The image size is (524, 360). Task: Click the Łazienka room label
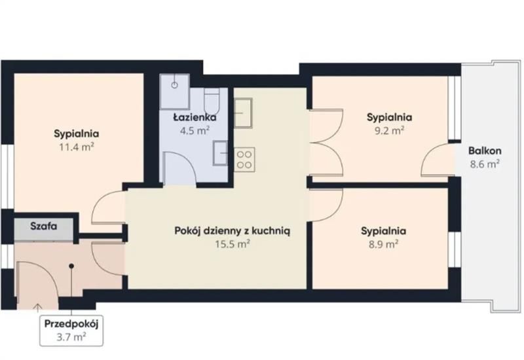(195, 117)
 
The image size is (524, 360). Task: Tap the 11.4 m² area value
(77, 147)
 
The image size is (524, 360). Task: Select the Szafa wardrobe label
(44, 226)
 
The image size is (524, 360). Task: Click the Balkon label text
(485, 151)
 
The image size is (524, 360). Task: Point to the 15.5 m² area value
(233, 244)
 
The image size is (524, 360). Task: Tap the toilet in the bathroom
(211, 101)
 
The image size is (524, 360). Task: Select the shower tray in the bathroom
(174, 91)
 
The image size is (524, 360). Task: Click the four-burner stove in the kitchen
(244, 160)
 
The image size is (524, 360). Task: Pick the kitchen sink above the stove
(243, 113)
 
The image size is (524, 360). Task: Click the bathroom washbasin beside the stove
(221, 153)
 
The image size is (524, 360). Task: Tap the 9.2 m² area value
(389, 130)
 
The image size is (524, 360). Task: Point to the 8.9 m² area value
(383, 244)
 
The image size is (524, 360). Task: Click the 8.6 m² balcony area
(485, 164)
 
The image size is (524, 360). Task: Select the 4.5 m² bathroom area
(195, 130)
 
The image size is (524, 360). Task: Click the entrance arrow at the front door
(38, 306)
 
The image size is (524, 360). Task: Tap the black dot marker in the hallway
(71, 266)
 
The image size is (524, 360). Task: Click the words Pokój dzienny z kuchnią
(233, 231)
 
